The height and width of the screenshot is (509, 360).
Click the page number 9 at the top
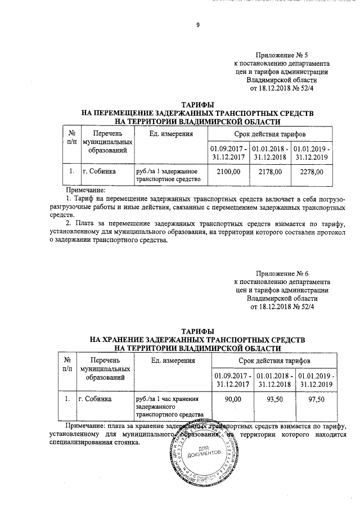(197, 25)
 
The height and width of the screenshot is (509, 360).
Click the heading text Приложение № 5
(282, 55)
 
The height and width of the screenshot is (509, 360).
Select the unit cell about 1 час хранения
(168, 407)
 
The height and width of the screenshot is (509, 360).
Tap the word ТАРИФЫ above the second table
(197, 332)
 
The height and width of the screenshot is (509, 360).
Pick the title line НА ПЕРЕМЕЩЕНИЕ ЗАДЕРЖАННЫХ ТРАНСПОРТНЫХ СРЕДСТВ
(197, 113)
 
